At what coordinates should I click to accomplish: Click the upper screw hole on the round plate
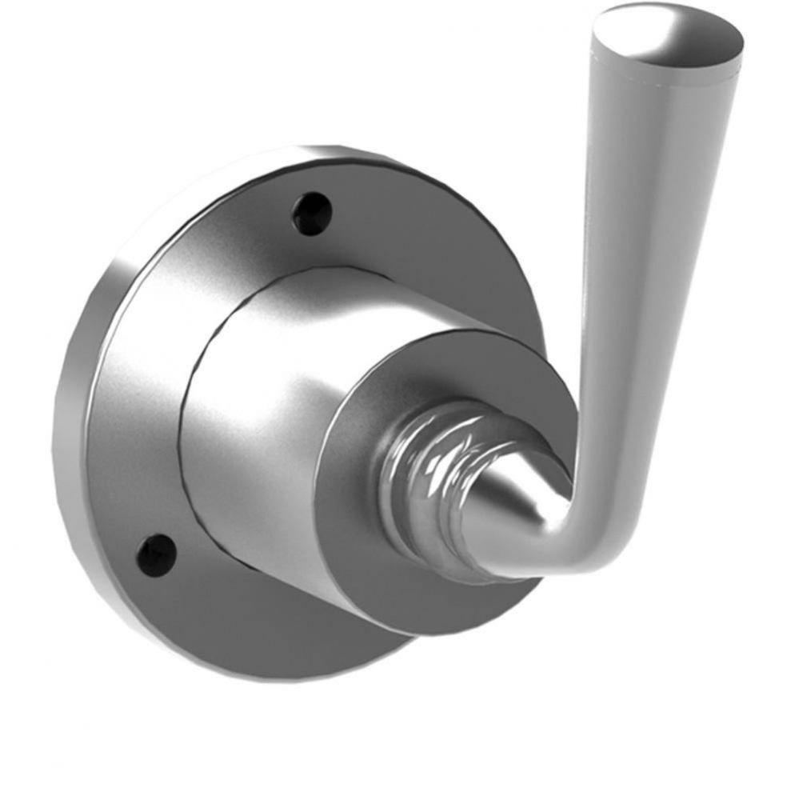pyautogui.click(x=312, y=214)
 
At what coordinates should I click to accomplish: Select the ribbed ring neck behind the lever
pyautogui.click(x=424, y=488)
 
